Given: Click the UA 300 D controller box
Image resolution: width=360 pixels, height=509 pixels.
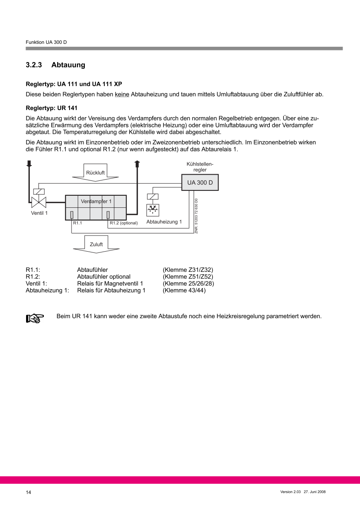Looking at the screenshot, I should tap(200, 182).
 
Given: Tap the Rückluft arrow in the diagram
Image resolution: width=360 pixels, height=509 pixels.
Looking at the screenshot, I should tap(95, 172).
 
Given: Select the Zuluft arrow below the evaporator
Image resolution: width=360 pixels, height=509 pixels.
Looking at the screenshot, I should tap(96, 244).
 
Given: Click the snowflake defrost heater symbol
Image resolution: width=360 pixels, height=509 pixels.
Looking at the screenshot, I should tap(153, 210).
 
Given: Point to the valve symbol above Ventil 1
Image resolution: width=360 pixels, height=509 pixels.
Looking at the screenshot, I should tap(38, 202).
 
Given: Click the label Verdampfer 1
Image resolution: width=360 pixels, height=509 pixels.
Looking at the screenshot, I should tap(96, 202).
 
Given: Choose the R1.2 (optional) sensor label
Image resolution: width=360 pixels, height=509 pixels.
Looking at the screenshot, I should tap(123, 223).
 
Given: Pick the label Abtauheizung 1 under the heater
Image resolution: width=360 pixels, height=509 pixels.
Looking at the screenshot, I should tap(164, 222).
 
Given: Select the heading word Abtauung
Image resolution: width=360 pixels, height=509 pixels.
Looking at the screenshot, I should tap(68, 65).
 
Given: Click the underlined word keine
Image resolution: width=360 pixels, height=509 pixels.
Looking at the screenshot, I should tap(122, 94).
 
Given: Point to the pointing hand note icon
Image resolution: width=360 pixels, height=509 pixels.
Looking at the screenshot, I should tap(35, 318).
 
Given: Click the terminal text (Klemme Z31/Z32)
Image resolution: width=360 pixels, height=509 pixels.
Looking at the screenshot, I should tap(188, 270).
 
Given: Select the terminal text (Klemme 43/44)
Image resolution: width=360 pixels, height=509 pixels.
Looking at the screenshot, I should tap(184, 290).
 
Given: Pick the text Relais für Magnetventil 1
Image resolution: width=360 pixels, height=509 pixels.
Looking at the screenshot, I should tap(110, 283).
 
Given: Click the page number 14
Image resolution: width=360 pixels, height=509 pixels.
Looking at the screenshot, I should tap(29, 492).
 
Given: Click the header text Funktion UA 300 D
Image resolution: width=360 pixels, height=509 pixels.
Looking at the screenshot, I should tap(46, 42).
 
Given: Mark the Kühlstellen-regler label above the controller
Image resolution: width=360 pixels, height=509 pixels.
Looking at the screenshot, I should tap(200, 167).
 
